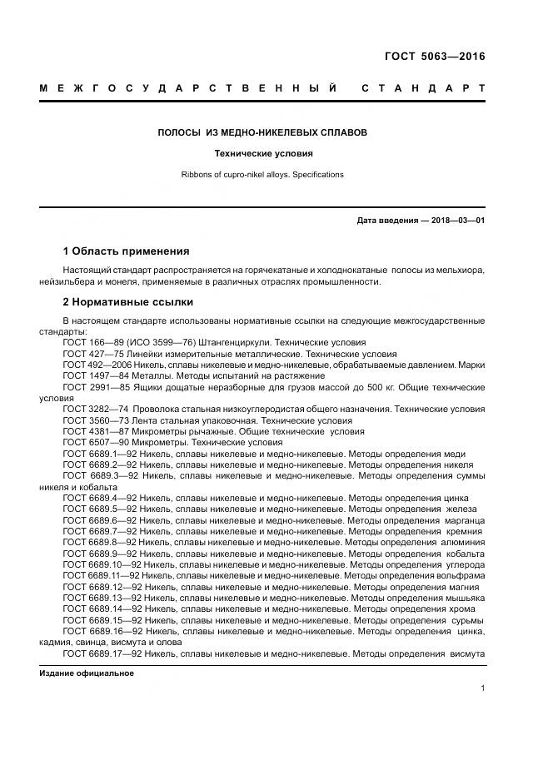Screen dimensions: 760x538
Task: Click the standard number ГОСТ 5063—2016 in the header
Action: point(433,57)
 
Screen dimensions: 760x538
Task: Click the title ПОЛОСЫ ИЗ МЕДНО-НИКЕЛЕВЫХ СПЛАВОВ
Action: point(262,132)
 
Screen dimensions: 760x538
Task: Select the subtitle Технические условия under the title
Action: point(262,154)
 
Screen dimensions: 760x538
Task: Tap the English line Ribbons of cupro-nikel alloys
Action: point(262,175)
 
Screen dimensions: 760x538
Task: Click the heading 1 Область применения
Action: point(126,251)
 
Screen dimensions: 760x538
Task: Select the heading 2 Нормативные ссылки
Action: point(127,301)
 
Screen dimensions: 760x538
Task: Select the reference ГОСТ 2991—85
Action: point(95,387)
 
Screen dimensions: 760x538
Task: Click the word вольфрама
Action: point(457,574)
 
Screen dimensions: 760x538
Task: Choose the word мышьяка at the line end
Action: point(462,598)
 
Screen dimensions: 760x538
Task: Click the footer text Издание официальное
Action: point(87,673)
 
